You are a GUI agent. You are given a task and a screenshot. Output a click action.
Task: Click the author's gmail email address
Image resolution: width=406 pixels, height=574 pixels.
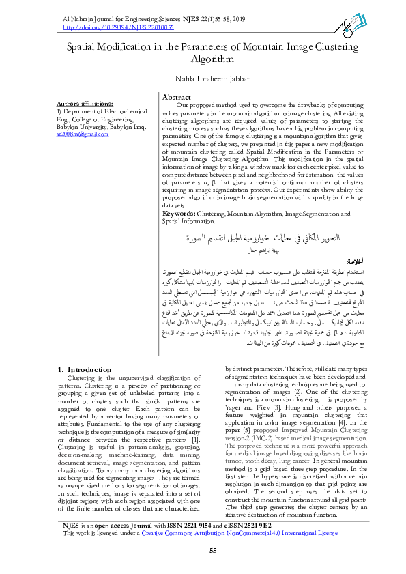tap(83, 134)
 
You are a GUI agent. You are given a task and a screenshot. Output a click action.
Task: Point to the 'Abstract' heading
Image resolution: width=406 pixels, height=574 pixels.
tap(177, 98)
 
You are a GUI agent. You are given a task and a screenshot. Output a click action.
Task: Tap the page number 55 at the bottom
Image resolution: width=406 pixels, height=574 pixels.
tap(213, 550)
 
